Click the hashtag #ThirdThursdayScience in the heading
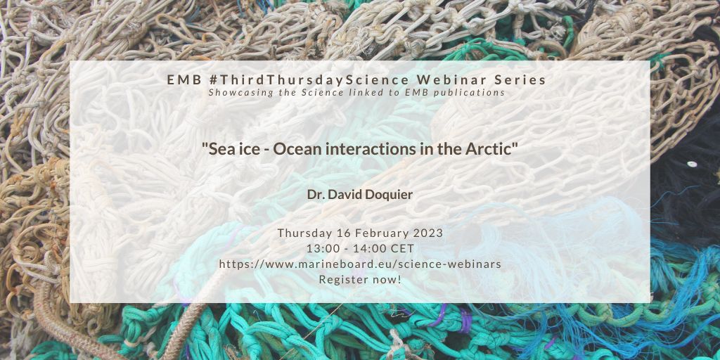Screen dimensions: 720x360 (307, 80)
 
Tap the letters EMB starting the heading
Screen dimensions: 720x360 (184, 80)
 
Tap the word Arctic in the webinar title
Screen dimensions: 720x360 (498, 149)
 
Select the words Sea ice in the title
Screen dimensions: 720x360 (229, 149)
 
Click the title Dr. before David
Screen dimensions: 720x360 (315, 194)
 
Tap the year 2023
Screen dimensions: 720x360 (428, 233)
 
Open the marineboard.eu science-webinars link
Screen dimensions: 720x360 (360, 264)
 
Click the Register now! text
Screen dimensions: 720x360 (360, 280)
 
